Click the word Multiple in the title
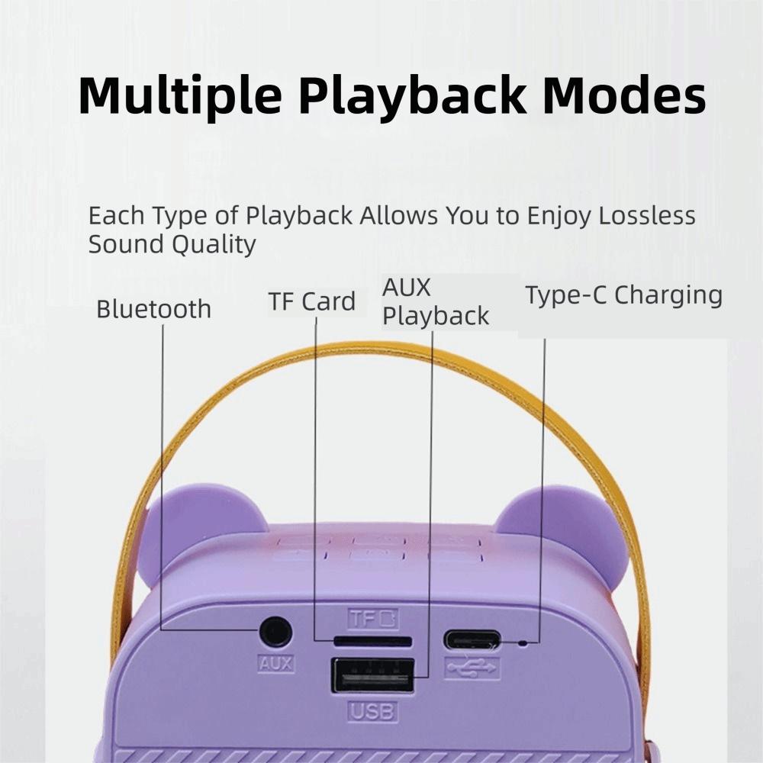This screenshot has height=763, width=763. (179, 95)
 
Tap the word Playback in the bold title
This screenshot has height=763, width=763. (413, 95)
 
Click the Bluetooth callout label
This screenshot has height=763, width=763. (154, 309)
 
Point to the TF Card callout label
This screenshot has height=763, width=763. (312, 301)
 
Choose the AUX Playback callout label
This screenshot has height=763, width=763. (436, 301)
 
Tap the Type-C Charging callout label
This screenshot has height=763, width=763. (624, 295)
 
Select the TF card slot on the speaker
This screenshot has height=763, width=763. (373, 642)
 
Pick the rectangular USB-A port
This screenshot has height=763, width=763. (373, 675)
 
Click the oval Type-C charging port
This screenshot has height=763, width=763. (472, 639)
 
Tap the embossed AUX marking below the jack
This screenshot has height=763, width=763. (276, 663)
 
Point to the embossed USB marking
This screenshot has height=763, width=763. (373, 712)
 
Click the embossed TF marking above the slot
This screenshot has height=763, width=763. (373, 619)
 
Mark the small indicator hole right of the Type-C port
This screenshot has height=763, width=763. (523, 643)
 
